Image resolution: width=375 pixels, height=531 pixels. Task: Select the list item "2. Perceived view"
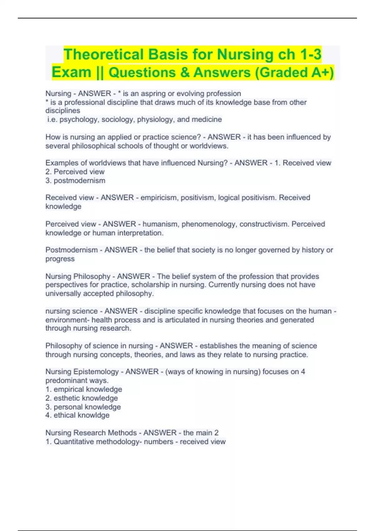coord(75,172)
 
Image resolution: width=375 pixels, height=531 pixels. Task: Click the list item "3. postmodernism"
coord(75,181)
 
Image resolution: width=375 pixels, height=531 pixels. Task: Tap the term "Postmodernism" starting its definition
coord(72,250)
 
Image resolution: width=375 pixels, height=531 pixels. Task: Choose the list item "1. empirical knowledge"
coord(84,390)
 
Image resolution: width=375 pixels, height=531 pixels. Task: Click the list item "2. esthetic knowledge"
coord(82,398)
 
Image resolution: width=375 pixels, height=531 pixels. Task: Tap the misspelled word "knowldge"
coord(93,415)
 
